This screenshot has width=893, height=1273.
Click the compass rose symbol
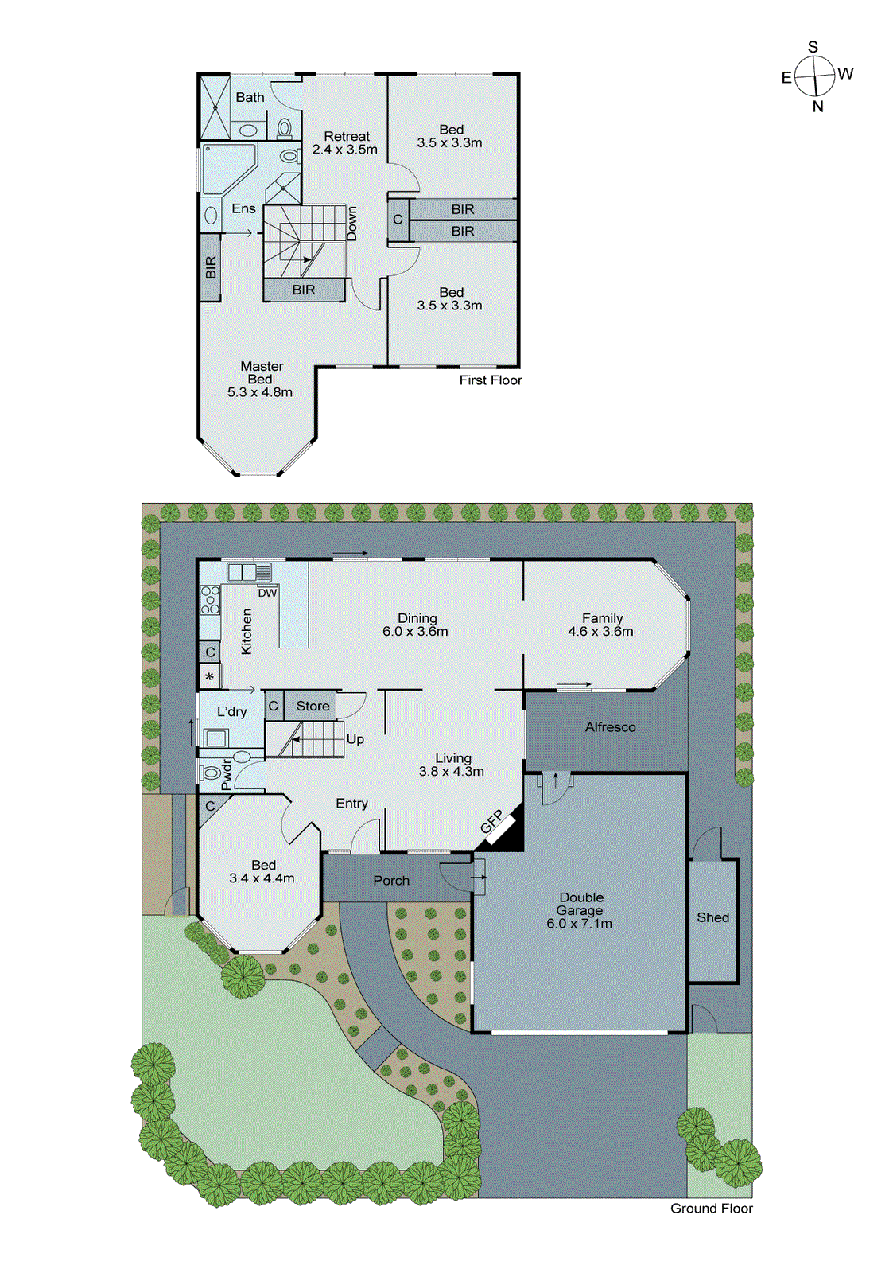click(816, 76)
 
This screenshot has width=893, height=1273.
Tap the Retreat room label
click(347, 137)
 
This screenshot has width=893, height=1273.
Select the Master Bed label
click(261, 373)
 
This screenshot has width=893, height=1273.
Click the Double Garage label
click(580, 904)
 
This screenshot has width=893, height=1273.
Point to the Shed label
click(712, 917)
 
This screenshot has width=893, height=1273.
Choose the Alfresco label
click(610, 727)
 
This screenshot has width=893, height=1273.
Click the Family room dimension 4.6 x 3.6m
click(600, 632)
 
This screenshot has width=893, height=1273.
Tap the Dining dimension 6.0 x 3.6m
click(415, 632)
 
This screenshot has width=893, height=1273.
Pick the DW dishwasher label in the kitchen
click(267, 593)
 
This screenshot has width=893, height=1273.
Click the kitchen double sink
click(249, 572)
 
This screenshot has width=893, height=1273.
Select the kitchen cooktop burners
click(210, 600)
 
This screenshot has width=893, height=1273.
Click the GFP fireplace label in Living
click(491, 822)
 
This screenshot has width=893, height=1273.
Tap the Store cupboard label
click(313, 706)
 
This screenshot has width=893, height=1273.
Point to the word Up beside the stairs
click(355, 739)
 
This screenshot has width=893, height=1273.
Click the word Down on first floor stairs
click(351, 224)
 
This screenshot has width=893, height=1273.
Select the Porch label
click(391, 881)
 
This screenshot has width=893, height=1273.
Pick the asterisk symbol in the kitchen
click(209, 677)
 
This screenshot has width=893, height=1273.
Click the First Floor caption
click(490, 380)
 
